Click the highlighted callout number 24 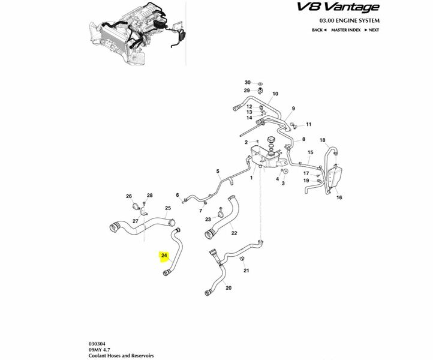164,256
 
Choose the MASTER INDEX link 345,30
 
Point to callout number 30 247,82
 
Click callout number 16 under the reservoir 339,197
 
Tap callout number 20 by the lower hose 228,288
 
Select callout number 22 234,233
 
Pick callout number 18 322,140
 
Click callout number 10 275,94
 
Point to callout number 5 218,170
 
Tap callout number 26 128,196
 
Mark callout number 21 246,271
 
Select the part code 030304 97,339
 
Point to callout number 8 303,139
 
